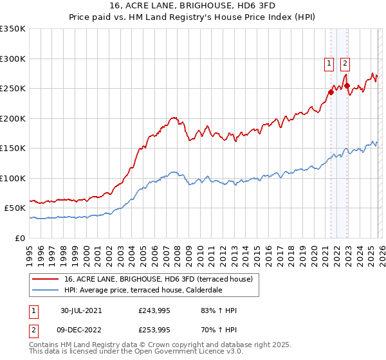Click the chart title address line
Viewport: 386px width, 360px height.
tap(193, 6)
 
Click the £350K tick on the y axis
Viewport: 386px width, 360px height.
tap(13, 29)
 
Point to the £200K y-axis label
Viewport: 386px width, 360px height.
tap(13, 118)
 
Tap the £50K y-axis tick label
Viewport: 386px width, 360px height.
tap(15, 208)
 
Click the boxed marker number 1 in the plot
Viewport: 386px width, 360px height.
tap(329, 63)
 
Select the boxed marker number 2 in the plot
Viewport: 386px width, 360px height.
tap(345, 63)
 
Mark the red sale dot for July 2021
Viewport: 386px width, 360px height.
tap(331, 92)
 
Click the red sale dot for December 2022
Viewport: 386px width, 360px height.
tap(347, 85)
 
